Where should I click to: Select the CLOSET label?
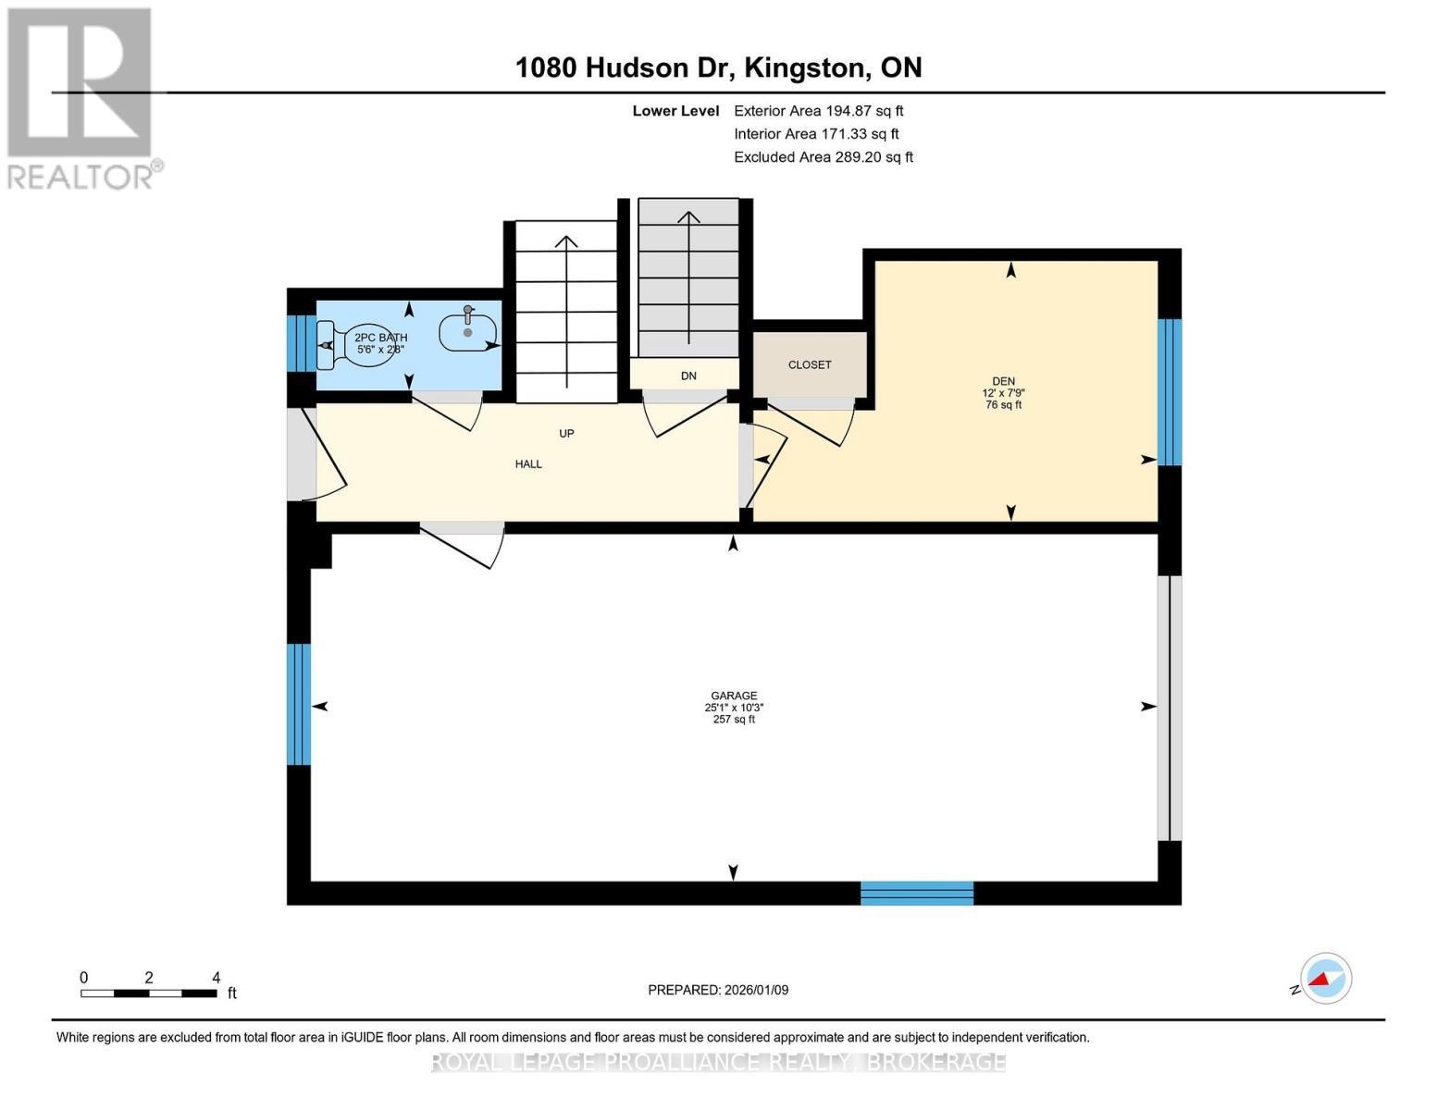pyautogui.click(x=810, y=364)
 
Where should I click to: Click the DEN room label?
pyautogui.click(x=1003, y=381)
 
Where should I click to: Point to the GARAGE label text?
pyautogui.click(x=734, y=696)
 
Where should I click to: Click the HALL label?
pyautogui.click(x=528, y=464)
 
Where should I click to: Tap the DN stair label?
pyautogui.click(x=688, y=376)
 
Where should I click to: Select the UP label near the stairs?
pyautogui.click(x=566, y=433)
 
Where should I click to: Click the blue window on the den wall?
pyautogui.click(x=1170, y=392)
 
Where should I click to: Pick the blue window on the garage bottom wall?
pyautogui.click(x=917, y=893)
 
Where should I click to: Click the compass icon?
pyautogui.click(x=1325, y=979)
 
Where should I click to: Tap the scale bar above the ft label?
pyautogui.click(x=149, y=993)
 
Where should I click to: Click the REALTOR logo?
pyautogui.click(x=81, y=97)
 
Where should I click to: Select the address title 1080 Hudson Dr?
pyautogui.click(x=718, y=68)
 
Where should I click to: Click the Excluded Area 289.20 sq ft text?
pyautogui.click(x=824, y=157)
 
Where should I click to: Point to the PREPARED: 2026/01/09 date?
pyautogui.click(x=718, y=990)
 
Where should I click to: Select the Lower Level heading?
pyautogui.click(x=675, y=111)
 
